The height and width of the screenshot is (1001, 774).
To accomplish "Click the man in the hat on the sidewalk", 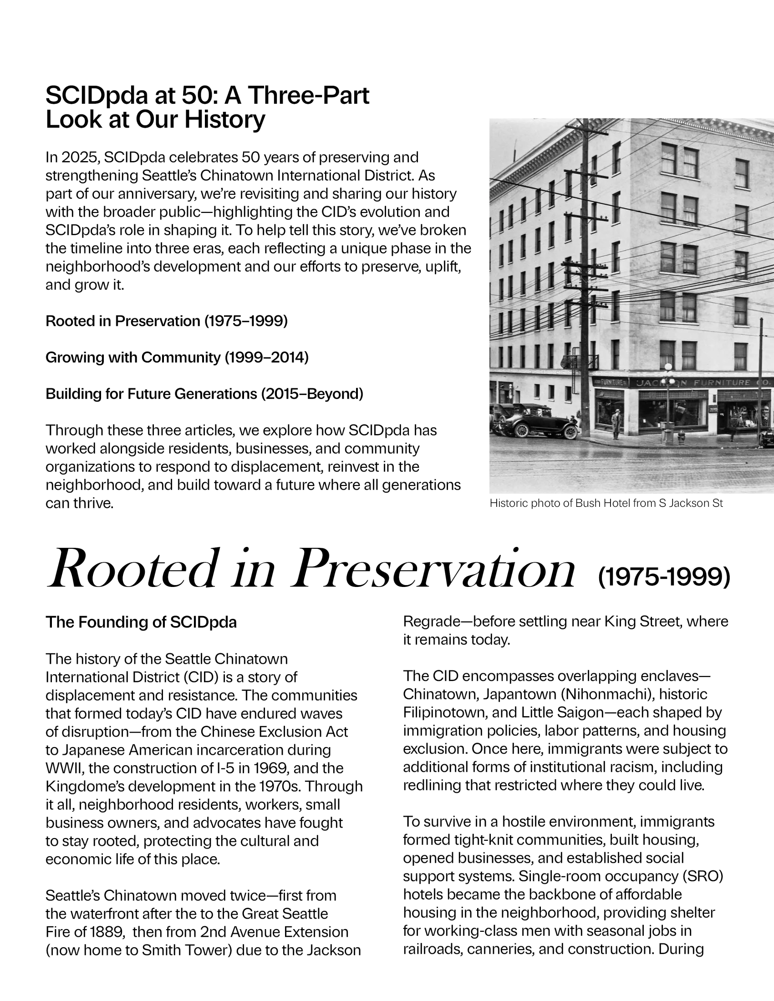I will (616, 424).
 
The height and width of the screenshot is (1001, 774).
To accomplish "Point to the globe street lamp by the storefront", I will (668, 368).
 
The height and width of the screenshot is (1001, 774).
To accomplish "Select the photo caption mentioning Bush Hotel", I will (606, 503).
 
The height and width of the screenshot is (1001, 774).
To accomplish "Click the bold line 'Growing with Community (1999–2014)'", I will (177, 357).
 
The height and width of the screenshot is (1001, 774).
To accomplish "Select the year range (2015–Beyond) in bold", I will (312, 394).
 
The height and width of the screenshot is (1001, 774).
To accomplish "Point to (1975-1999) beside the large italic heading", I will (663, 576).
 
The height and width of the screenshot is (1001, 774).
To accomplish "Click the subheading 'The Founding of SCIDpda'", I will (141, 622).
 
